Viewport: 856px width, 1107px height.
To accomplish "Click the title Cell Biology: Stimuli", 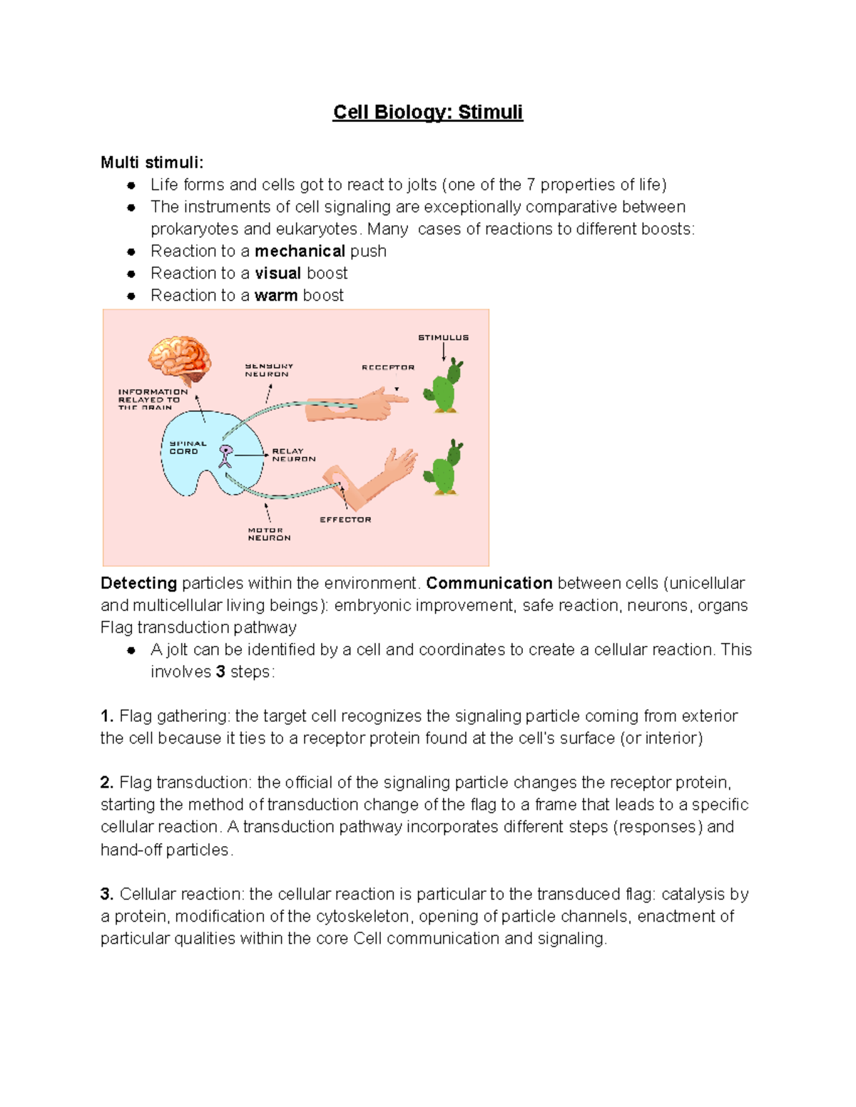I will click(x=427, y=113).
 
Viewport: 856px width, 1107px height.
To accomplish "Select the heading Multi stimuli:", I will click(x=152, y=163).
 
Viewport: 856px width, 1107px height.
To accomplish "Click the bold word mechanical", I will click(x=300, y=252).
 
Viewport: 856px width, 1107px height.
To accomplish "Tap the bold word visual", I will click(x=277, y=274).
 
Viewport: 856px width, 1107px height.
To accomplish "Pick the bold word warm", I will click(x=275, y=296).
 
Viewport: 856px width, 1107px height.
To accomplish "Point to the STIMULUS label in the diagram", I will click(x=443, y=338).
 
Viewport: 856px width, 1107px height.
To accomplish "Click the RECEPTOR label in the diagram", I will click(x=387, y=368).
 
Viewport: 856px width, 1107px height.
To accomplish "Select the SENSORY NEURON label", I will click(x=268, y=370).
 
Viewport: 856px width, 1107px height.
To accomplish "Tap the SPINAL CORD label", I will click(x=187, y=448).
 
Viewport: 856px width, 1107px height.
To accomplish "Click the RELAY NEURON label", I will click(x=293, y=455).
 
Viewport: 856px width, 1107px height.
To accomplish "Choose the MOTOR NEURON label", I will click(x=269, y=535).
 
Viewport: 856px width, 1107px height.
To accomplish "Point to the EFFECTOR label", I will click(x=345, y=520).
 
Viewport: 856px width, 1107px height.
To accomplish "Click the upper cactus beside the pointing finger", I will click(x=444, y=386).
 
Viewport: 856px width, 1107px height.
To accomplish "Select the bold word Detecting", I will click(x=138, y=584).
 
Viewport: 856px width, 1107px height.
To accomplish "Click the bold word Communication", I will click(x=489, y=584).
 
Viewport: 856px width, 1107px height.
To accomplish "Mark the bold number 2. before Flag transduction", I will click(x=107, y=783).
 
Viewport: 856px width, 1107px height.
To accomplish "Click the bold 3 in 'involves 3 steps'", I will click(x=220, y=672).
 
